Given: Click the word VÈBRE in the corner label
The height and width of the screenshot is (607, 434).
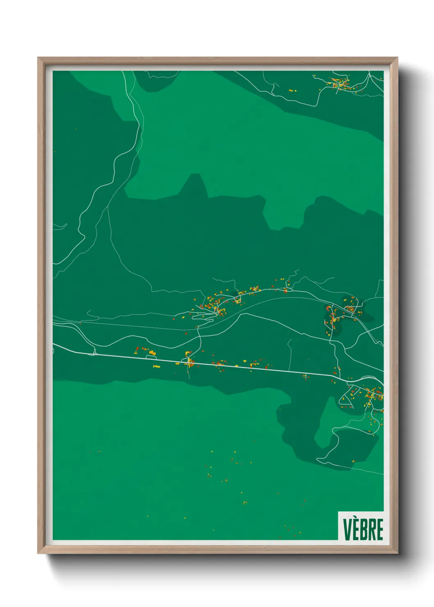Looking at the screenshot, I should coord(363,529).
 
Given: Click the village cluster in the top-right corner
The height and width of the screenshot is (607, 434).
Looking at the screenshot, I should coord(340,84).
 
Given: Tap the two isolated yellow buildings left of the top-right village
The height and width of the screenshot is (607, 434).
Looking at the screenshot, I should coord(291,90).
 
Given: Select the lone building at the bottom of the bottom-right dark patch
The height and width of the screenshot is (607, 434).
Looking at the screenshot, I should coord(354,462).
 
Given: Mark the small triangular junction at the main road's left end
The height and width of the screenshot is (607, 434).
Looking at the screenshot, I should coord(94,352).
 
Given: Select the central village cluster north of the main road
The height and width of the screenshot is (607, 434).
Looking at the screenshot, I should coord(217,303).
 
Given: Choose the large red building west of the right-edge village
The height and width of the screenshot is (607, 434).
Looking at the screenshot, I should coord(328,308).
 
